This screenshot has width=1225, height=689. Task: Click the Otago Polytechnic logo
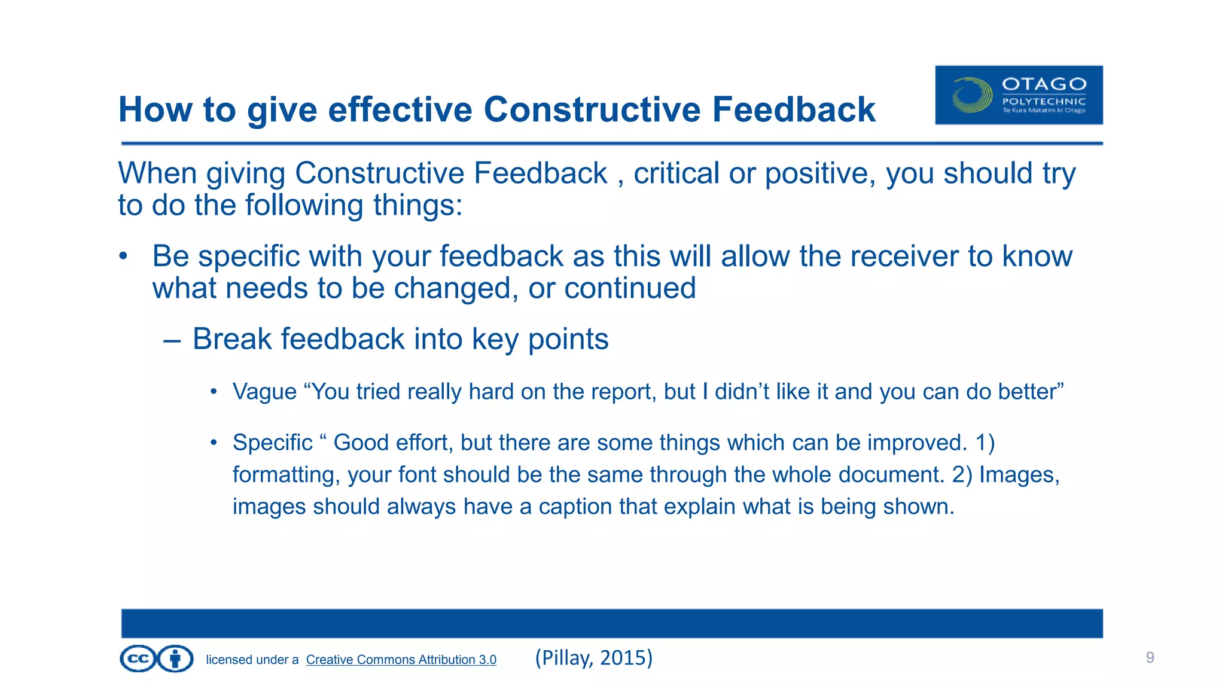click(1018, 95)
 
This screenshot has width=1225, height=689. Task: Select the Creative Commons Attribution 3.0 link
click(401, 660)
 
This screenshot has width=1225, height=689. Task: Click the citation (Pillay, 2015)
click(593, 658)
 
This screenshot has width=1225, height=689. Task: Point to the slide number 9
click(1150, 658)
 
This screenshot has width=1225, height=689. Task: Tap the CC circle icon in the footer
click(138, 659)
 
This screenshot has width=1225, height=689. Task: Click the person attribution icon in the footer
click(175, 659)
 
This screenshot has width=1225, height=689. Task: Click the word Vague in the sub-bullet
click(264, 392)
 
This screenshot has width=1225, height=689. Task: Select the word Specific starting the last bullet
click(272, 443)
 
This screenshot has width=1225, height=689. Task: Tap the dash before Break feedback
click(172, 340)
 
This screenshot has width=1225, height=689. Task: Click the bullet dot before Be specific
click(123, 257)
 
